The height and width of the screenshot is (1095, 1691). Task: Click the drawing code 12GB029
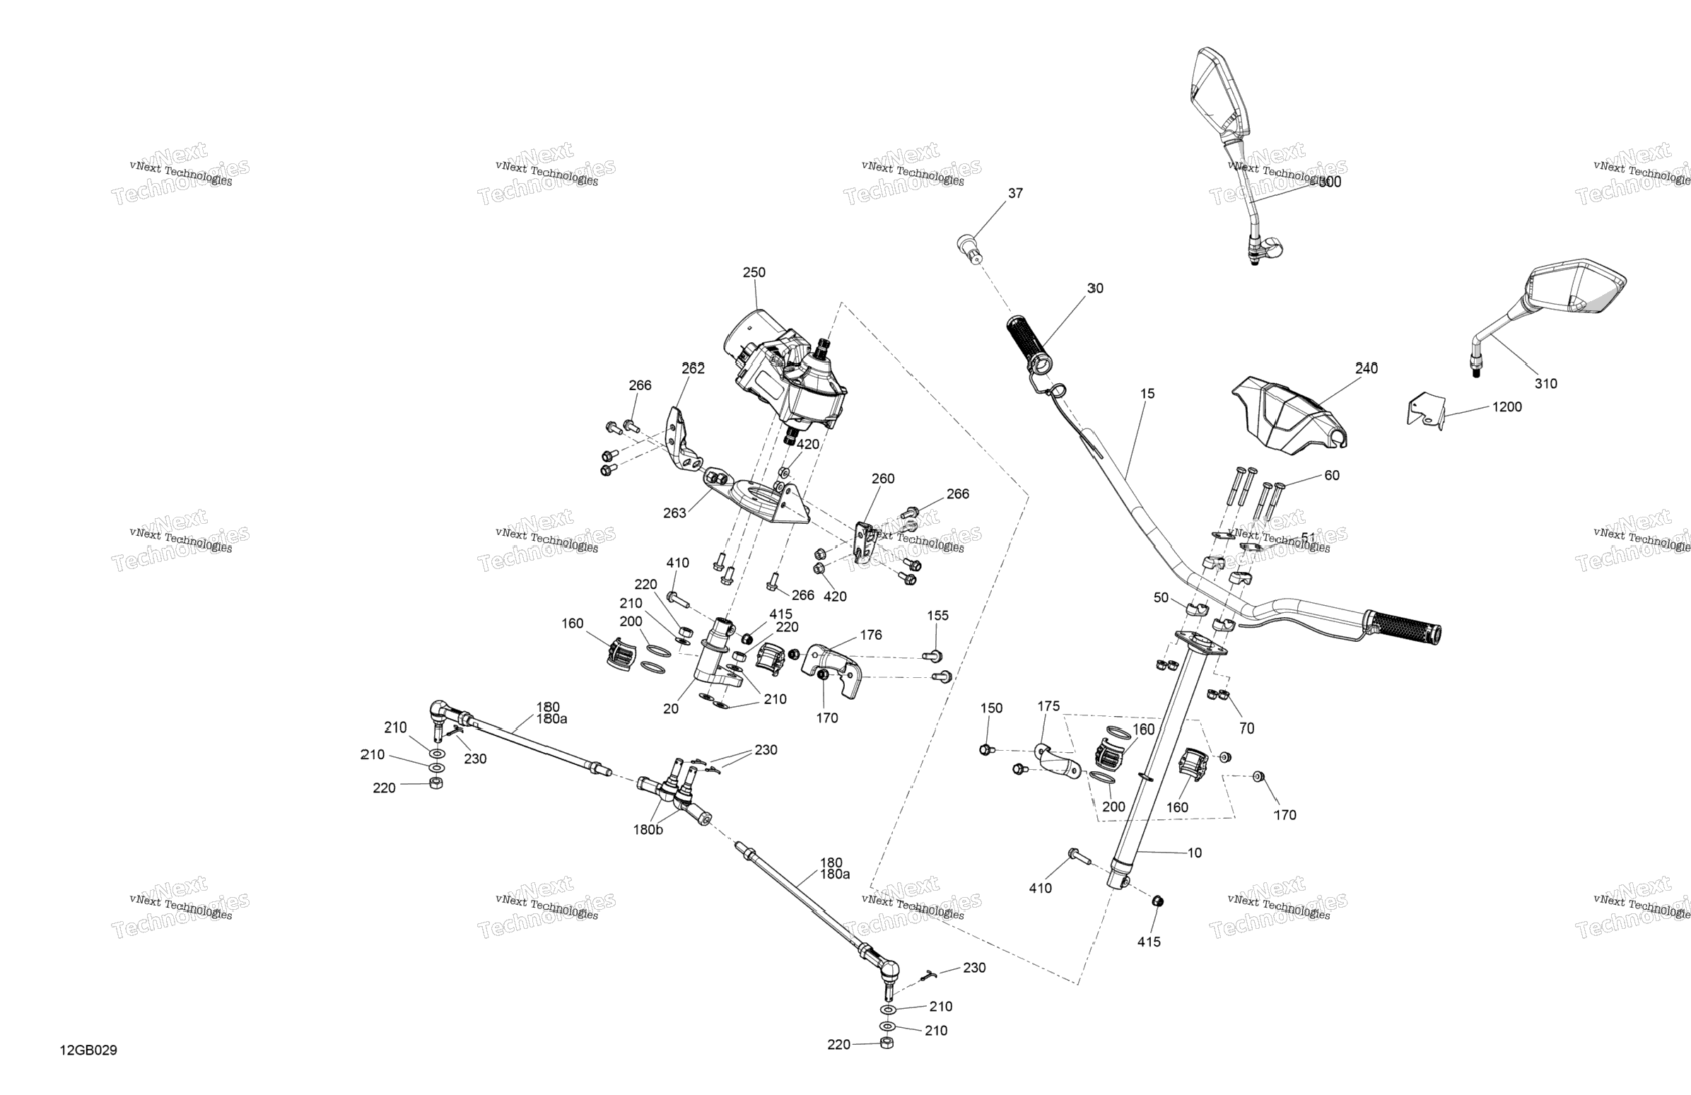88,1050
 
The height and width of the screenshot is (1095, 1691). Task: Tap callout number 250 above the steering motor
754,272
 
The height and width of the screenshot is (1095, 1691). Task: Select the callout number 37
1015,193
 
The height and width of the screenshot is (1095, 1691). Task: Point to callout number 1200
1506,407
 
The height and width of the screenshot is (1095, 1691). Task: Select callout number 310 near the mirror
1545,384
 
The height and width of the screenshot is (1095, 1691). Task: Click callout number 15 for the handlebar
1147,394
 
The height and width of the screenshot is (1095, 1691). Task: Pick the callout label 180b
648,829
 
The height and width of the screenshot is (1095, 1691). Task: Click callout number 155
937,615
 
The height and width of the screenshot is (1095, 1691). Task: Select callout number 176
870,636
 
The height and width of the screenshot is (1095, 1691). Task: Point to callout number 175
1048,706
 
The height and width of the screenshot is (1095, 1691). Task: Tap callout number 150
991,708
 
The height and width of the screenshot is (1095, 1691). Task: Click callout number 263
674,513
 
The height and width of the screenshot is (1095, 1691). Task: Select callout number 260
882,479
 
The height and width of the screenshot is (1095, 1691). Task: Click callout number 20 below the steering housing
671,708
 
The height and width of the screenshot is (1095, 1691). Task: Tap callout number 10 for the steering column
1194,853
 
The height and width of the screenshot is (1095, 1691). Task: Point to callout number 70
1246,728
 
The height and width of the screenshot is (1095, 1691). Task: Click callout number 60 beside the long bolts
1331,475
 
